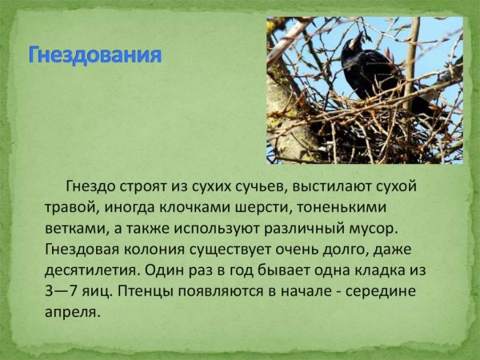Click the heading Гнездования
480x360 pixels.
pos(95,56)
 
